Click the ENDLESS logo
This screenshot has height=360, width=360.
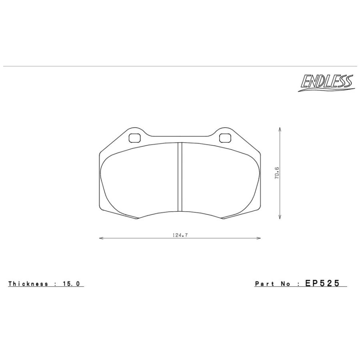coord(326,83)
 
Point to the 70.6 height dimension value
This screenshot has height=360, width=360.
coord(277,173)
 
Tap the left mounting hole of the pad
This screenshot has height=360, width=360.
coord(134,138)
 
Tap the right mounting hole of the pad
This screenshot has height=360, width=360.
coord(225,138)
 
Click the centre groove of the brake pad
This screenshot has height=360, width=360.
coord(180,177)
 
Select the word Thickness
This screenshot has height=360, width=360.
coord(28,284)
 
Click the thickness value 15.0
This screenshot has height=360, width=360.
coord(71,284)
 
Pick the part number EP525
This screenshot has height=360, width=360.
coord(322,283)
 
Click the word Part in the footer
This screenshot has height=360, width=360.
coord(264,284)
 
